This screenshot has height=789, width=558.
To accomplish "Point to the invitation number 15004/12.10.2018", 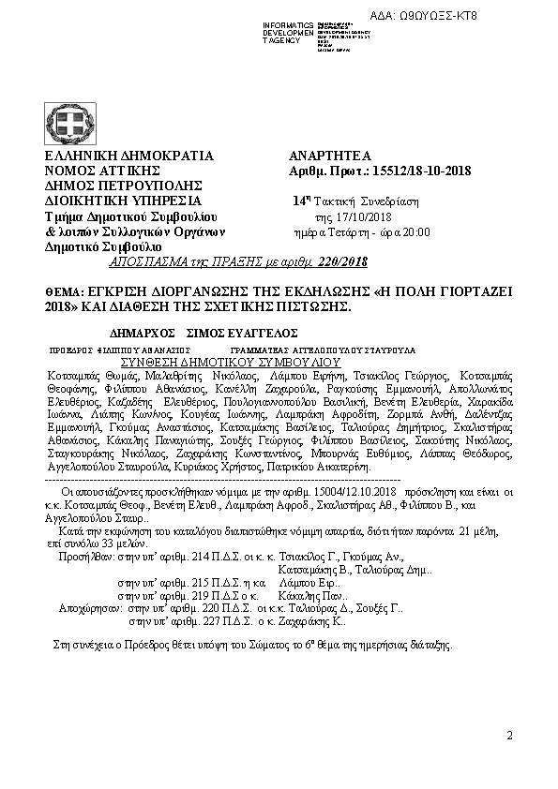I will coord(346,490).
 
